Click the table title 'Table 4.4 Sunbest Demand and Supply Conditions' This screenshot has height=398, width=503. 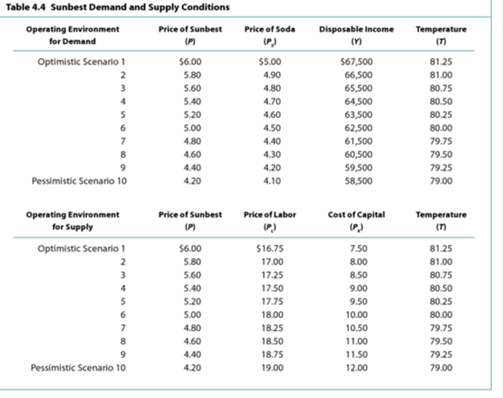116,7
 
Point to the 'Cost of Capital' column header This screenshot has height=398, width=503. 356,214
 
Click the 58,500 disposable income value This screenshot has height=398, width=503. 358,181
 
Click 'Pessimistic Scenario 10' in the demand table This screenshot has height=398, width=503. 79,181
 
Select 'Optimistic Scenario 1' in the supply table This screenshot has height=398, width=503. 82,247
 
